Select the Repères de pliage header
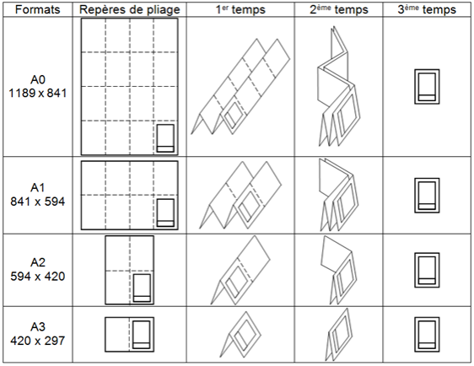click(129, 9)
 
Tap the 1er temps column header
click(240, 9)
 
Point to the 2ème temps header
click(338, 9)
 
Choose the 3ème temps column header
click(426, 9)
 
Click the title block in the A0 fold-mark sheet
click(165, 138)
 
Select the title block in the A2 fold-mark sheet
click(143, 288)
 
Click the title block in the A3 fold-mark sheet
click(143, 335)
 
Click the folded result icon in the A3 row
click(426, 334)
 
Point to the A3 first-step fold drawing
click(240, 335)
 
